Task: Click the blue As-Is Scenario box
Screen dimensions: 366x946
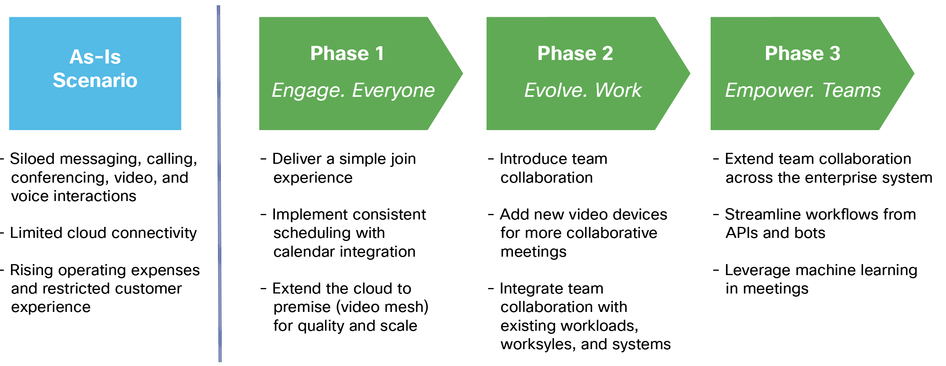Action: pyautogui.click(x=95, y=73)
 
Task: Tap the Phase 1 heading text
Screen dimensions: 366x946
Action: pyautogui.click(x=347, y=53)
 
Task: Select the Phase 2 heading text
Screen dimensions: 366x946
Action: pyautogui.click(x=575, y=53)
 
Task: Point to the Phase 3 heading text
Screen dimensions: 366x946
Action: pyautogui.click(x=802, y=53)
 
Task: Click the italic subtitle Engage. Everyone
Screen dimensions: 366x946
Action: pyautogui.click(x=353, y=90)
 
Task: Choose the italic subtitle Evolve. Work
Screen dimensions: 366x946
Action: pyautogui.click(x=583, y=90)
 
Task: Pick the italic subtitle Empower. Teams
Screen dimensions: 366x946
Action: pyautogui.click(x=803, y=90)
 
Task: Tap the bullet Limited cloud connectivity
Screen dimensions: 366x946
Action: pyautogui.click(x=103, y=233)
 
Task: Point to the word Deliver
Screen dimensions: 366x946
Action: pyautogui.click(x=297, y=159)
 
